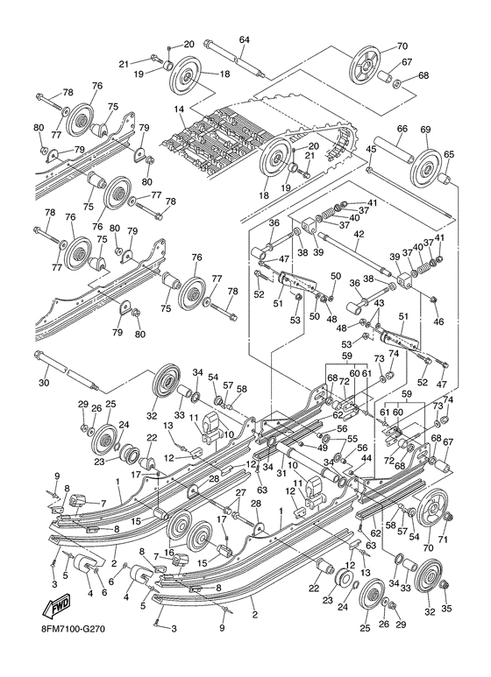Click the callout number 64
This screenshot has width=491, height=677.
click(x=244, y=39)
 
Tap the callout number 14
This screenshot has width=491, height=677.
click(x=179, y=109)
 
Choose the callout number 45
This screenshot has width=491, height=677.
click(x=371, y=149)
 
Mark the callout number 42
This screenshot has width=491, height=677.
click(x=359, y=234)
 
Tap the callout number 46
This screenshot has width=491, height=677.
click(x=438, y=321)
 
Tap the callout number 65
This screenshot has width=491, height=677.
click(x=449, y=154)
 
